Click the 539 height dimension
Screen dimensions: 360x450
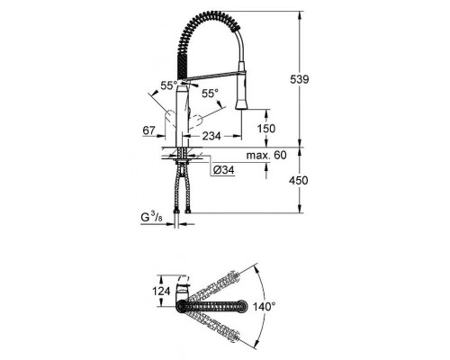(311, 80)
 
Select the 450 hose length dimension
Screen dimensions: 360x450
(311, 181)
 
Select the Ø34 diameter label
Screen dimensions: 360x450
(224, 169)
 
